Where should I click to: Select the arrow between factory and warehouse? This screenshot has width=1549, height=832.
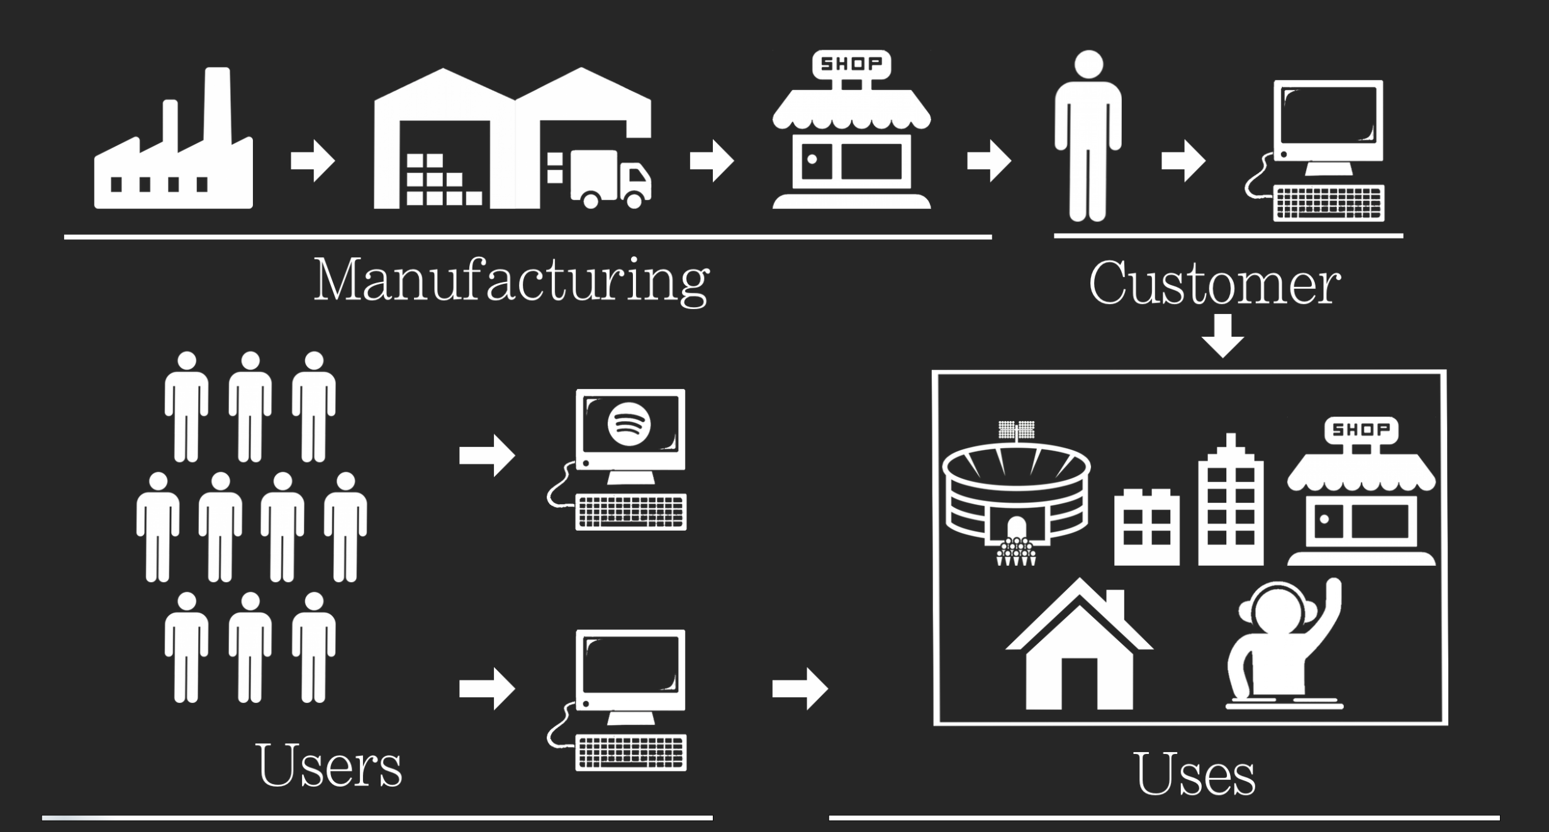(x=313, y=161)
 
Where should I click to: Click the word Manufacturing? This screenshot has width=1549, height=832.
(x=511, y=280)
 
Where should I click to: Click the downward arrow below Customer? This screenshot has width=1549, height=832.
(x=1222, y=336)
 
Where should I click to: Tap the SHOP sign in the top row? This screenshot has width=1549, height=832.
(x=851, y=64)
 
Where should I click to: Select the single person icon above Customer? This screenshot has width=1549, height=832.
(x=1088, y=135)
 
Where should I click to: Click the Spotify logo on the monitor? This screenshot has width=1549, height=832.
(x=629, y=424)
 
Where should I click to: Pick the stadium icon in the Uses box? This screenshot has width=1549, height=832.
(x=1015, y=497)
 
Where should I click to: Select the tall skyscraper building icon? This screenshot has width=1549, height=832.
(x=1231, y=503)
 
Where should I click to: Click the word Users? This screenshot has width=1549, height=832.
(x=328, y=766)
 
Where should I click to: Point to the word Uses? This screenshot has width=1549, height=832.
(x=1195, y=774)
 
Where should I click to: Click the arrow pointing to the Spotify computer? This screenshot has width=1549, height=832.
(x=487, y=455)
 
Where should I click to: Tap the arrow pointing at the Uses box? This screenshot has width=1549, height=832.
(x=800, y=689)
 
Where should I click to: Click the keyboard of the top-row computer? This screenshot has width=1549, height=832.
(x=1329, y=203)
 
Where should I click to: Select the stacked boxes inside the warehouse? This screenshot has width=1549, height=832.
(x=440, y=181)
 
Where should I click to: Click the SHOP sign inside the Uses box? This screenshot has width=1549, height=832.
(x=1361, y=430)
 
